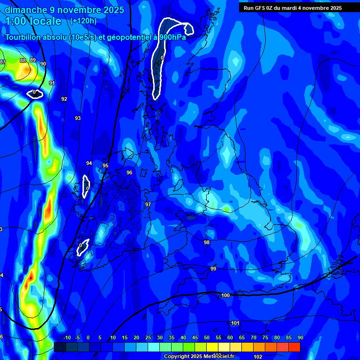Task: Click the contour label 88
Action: [23, 60]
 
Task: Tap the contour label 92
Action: [64, 99]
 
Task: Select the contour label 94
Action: [89, 163]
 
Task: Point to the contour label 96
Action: [129, 172]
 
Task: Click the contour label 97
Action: [148, 204]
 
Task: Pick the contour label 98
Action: [207, 242]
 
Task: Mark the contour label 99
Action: [213, 269]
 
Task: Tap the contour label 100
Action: [225, 295]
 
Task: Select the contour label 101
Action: [235, 323]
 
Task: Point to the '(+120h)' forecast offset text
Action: [83, 21]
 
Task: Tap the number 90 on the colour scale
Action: [300, 338]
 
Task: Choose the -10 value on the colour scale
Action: [67, 338]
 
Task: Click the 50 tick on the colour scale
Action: [207, 338]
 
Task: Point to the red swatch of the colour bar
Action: [294, 347]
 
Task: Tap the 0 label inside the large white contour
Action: [162, 58]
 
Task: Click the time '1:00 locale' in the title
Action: [33, 21]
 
